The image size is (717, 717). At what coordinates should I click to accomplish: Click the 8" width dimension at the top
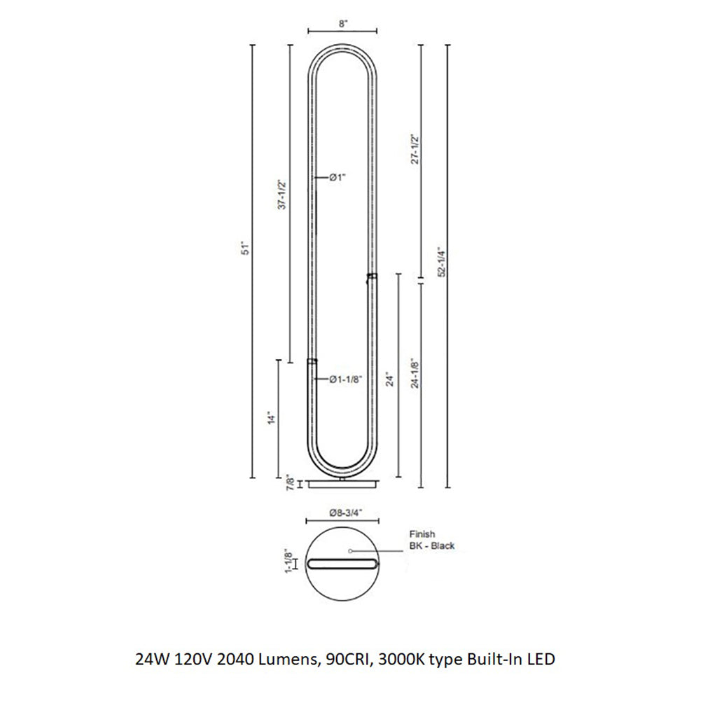(342, 23)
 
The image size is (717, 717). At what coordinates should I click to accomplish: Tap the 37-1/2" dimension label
(283, 195)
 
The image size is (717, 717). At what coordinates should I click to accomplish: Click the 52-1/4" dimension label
(440, 263)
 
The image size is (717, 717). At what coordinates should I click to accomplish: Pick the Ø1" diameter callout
(338, 178)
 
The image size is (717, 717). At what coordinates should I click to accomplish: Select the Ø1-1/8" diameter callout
(345, 380)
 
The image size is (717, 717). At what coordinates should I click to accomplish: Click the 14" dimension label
(270, 418)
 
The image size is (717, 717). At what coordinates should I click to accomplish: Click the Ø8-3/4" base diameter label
(343, 513)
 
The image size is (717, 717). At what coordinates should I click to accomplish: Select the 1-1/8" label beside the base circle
(287, 563)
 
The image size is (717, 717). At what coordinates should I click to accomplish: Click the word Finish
(422, 534)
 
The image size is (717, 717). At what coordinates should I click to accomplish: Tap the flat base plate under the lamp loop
(342, 485)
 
